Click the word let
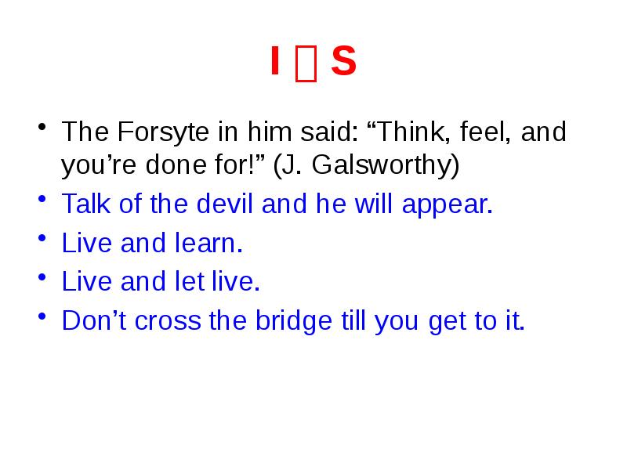pyautogui.click(x=188, y=282)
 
